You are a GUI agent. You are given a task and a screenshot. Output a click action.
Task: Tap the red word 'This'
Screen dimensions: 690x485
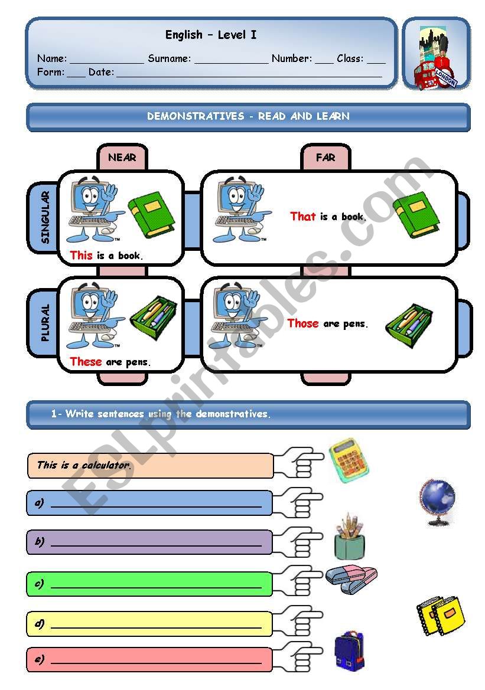coord(81,256)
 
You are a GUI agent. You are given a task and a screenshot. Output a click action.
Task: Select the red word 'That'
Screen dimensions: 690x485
coord(303,217)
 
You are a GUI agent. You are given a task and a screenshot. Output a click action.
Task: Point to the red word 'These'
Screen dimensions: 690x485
coord(86,362)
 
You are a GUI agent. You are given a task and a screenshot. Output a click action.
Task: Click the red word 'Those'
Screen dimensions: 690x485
coord(303,323)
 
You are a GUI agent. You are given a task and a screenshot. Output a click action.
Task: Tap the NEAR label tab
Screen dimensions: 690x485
coord(122,158)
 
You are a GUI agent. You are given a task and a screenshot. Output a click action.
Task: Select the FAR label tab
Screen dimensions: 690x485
coord(325,158)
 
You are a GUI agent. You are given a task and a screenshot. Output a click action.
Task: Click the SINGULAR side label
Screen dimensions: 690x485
coord(45,217)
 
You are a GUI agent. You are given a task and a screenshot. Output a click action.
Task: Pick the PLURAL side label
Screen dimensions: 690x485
coord(45,323)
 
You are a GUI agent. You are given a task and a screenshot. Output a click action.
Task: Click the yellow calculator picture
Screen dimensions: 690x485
coord(349,460)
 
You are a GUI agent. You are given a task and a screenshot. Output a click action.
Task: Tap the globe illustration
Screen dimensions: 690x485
coord(438,501)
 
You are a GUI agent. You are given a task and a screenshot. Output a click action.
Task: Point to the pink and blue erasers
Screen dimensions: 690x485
coord(351,575)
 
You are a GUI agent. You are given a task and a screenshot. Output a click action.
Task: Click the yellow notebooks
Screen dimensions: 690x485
coord(440,614)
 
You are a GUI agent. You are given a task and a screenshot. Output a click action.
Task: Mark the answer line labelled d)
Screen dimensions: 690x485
coord(156,624)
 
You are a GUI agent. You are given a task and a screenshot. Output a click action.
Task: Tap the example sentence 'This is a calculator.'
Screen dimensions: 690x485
coord(84,465)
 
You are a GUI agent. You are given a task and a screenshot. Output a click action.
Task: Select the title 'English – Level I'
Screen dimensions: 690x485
coord(211,35)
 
